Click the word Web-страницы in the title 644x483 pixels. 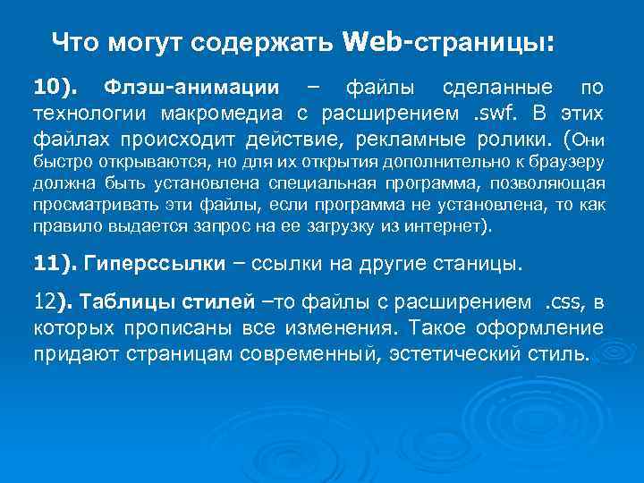pos(447,43)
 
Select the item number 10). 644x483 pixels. pos(55,88)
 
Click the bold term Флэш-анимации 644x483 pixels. pos(191,88)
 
